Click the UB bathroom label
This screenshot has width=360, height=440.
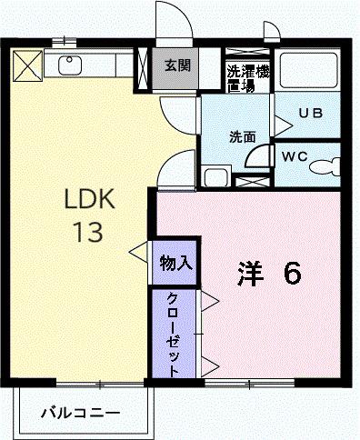click(x=311, y=114)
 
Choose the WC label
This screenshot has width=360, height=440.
click(x=294, y=155)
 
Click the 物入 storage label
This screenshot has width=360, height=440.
click(x=174, y=263)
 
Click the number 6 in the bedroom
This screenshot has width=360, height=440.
click(x=292, y=272)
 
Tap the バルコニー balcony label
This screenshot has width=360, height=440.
click(x=80, y=414)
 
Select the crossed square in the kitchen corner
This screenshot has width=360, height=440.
click(x=27, y=65)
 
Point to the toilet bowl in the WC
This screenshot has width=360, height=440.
click(x=324, y=167)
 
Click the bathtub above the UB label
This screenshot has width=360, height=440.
click(x=308, y=73)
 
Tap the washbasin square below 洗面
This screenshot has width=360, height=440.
click(x=215, y=176)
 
